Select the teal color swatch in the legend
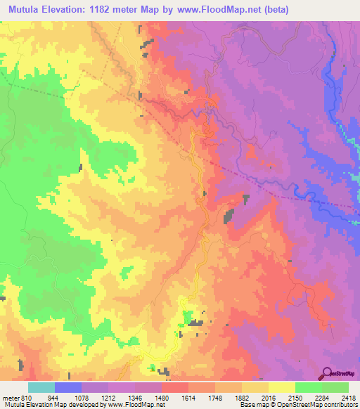[41, 388]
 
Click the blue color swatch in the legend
[68, 388]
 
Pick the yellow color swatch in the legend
[282, 388]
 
